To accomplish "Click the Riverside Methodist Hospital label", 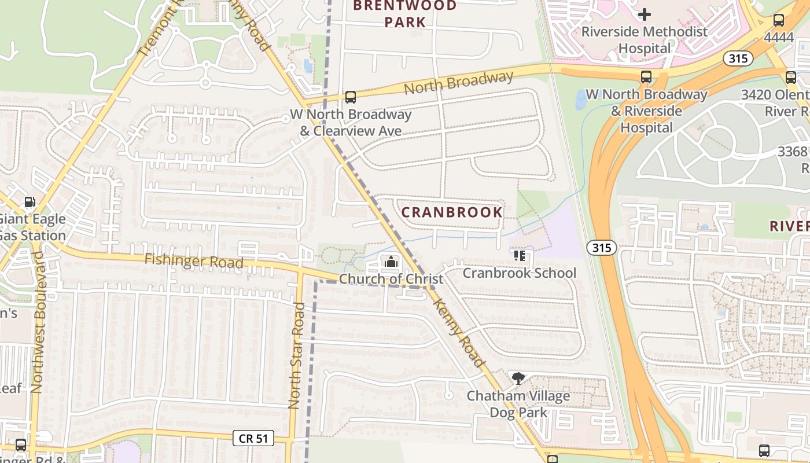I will coord(644,39).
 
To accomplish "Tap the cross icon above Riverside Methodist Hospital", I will coord(645,14).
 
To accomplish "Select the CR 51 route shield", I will coord(253,438).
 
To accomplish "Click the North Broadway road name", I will coord(458,83).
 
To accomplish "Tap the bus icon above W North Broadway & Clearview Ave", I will coord(350,97).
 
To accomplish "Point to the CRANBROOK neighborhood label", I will coord(452,212).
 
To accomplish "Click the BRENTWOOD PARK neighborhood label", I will coord(405,14).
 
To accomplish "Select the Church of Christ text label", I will coord(391,279).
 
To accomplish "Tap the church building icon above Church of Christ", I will coord(391,262).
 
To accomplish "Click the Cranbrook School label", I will coord(519,273).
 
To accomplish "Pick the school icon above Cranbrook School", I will coord(519,255).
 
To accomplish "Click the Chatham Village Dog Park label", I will coord(518,404).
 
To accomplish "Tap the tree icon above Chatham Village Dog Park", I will coord(518,379).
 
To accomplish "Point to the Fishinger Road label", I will coord(194,261).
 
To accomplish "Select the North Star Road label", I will coord(296,355).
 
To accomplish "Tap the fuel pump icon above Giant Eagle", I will coord(29,202).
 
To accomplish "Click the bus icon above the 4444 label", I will coord(779,20).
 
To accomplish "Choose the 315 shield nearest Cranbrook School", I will coord(601,248).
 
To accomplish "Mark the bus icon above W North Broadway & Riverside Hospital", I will coord(646,77).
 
